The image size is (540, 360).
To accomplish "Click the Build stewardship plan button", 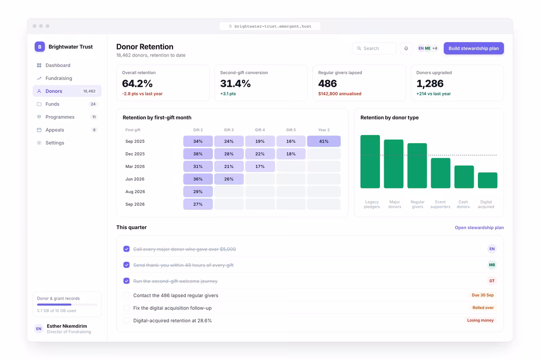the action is (x=473, y=48).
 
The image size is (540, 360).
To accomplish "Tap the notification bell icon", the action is (x=406, y=48).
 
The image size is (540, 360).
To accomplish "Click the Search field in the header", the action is (x=374, y=48).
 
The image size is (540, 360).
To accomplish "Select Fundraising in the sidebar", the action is (x=58, y=78).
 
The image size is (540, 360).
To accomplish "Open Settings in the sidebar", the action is (x=55, y=143).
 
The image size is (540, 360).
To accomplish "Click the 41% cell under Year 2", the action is (x=324, y=141).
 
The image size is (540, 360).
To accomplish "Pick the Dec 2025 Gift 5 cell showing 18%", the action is (x=291, y=154).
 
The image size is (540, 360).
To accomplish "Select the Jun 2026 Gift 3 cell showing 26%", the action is (x=229, y=179).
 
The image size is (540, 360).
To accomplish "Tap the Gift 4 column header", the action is (x=260, y=130).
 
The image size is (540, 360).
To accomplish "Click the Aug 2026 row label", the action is (x=135, y=191).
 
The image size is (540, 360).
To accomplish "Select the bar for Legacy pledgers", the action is (x=370, y=162).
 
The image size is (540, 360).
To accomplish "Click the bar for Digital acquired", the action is (x=487, y=180).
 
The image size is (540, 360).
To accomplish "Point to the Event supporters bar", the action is (x=441, y=173).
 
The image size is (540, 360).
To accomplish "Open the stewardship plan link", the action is (x=479, y=227).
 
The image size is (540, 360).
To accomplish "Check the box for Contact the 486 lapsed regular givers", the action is (x=126, y=295).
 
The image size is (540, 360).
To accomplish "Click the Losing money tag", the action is (x=481, y=320).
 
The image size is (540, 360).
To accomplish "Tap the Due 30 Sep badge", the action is (x=482, y=295).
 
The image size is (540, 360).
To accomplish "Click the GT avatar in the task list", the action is (x=492, y=281).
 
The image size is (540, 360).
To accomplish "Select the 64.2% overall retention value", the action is (x=137, y=83).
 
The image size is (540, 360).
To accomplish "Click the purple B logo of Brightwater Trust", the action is (x=40, y=47).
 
